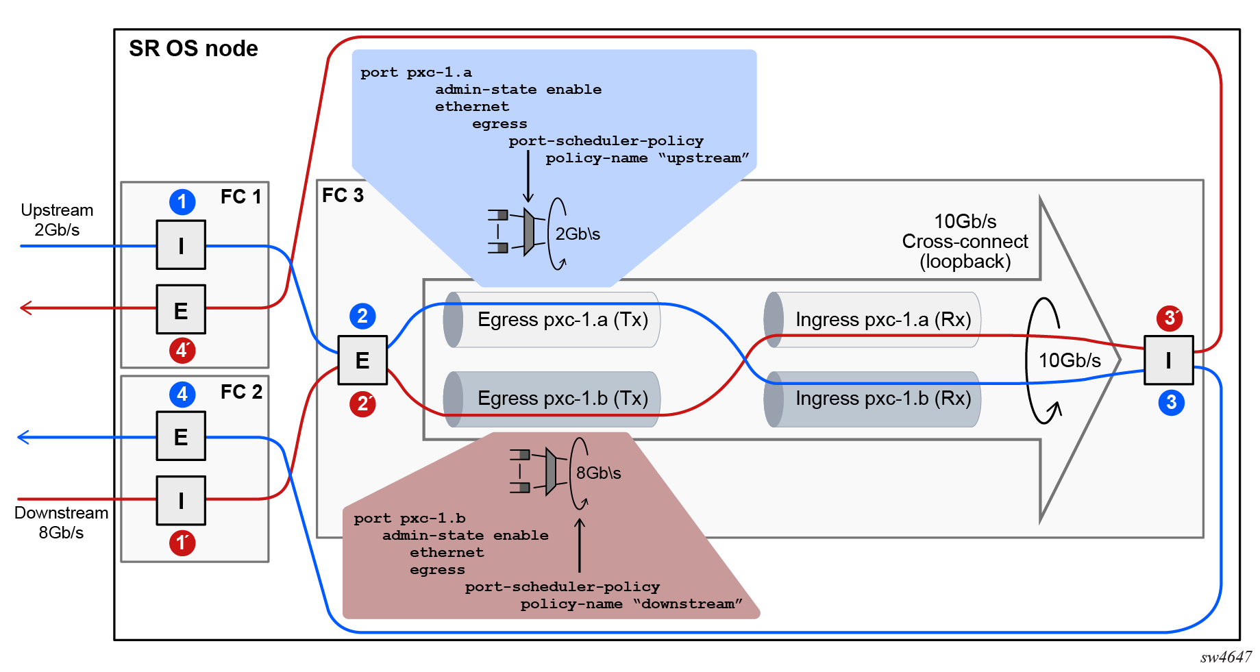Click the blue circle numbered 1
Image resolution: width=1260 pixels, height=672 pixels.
click(182, 202)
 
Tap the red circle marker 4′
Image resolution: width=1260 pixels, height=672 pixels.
click(182, 350)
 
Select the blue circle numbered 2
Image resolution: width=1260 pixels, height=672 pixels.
click(362, 316)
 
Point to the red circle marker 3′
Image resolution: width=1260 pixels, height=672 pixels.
click(1170, 318)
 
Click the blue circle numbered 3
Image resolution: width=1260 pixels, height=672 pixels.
click(1171, 402)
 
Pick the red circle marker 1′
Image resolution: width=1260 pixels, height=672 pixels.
click(182, 543)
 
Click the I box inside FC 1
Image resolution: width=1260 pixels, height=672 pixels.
click(181, 245)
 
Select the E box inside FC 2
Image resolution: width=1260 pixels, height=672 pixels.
click(181, 436)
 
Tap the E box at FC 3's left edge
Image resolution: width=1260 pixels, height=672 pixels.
click(362, 360)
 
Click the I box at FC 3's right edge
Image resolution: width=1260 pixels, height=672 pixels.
click(1169, 360)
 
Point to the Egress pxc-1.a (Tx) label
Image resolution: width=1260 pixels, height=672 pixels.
click(563, 320)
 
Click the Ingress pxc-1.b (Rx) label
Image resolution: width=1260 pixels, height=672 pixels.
click(883, 399)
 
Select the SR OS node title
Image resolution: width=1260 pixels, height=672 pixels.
click(193, 49)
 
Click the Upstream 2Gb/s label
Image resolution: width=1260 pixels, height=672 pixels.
click(57, 220)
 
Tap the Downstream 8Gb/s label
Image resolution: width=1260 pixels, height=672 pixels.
click(61, 523)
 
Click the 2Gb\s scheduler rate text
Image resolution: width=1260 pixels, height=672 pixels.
click(578, 234)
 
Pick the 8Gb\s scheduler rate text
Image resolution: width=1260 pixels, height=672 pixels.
click(598, 473)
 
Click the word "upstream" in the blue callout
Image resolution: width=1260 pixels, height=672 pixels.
click(704, 158)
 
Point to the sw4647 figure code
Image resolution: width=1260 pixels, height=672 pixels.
click(1225, 658)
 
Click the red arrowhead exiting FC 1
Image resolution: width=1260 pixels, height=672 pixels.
click(26, 308)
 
